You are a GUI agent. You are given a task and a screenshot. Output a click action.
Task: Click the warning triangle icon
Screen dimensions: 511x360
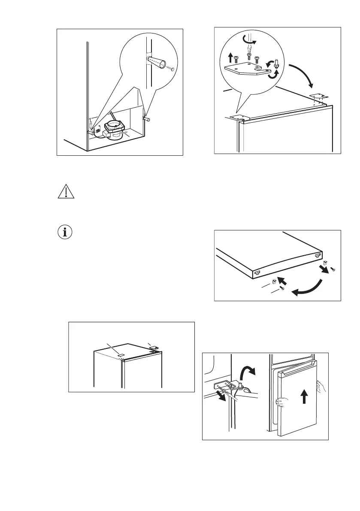click(x=66, y=192)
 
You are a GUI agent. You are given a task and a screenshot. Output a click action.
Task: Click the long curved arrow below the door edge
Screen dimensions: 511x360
click(x=307, y=288)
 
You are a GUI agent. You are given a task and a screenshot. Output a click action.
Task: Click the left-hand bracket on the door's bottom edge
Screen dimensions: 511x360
click(x=257, y=272)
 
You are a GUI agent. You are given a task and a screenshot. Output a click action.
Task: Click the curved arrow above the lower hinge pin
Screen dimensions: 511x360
click(x=248, y=367)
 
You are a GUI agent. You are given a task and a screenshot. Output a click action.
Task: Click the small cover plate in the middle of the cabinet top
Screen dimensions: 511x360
click(x=121, y=354)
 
